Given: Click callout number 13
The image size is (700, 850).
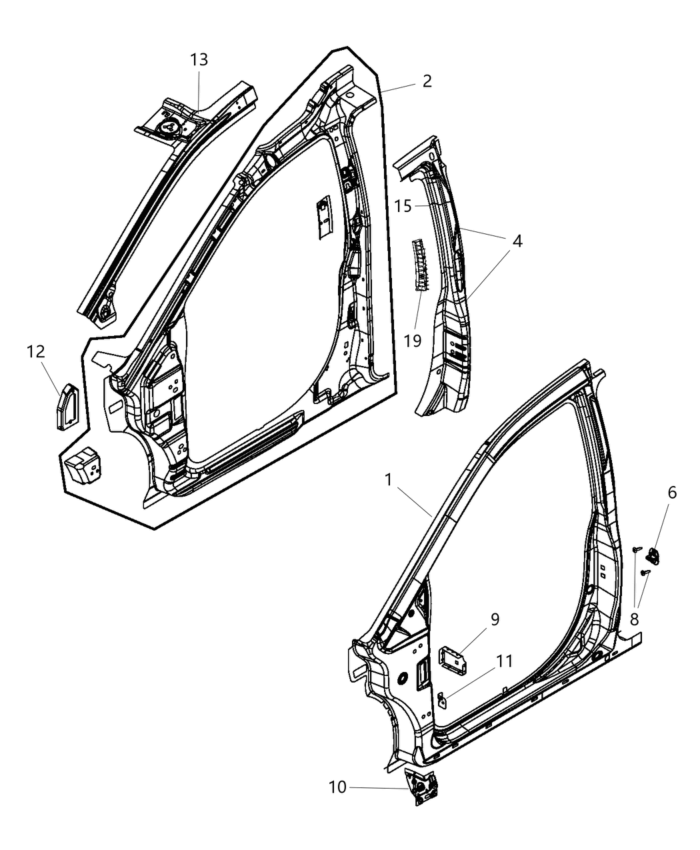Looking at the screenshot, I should [199, 60].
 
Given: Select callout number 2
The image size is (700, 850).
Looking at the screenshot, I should [427, 81].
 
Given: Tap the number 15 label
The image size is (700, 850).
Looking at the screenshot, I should [403, 206].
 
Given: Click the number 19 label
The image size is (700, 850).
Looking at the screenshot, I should [413, 341].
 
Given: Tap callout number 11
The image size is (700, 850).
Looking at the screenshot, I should [504, 661].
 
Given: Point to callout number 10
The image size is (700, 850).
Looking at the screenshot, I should [338, 787].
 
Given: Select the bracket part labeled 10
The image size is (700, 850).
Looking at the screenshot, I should [421, 790].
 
